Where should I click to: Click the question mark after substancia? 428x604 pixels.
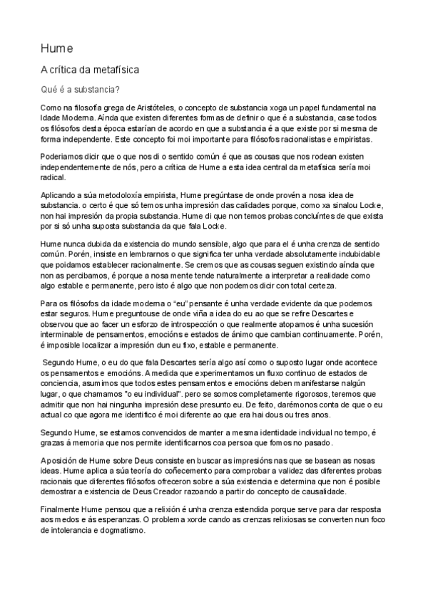pyautogui.click(x=118, y=90)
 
